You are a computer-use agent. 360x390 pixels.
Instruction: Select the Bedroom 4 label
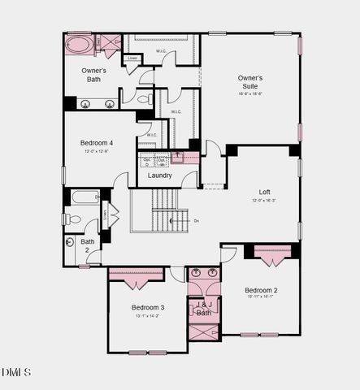coord(97,143)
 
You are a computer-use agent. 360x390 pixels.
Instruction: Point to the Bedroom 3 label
coord(149,307)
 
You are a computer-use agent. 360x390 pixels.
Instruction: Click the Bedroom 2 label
coord(262,290)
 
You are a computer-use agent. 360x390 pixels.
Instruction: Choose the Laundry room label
coord(159,175)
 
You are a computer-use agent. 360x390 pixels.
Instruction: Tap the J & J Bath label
coord(203,309)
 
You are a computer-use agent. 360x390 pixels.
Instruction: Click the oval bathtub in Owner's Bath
coord(79,44)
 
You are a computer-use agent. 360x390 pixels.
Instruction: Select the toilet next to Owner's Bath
coord(144,99)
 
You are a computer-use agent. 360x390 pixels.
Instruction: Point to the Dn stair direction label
coord(195,220)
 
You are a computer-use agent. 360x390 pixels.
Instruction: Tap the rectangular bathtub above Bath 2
coord(85,197)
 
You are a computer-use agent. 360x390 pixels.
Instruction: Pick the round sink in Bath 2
coord(70,241)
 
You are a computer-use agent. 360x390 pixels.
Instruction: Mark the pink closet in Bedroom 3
coord(137,275)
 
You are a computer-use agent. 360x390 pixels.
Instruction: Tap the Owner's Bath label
coord(94,75)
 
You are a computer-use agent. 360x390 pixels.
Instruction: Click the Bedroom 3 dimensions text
coord(149,315)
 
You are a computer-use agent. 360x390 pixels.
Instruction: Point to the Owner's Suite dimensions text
coord(250,94)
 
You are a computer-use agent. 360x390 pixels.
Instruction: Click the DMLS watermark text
coord(16,372)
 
